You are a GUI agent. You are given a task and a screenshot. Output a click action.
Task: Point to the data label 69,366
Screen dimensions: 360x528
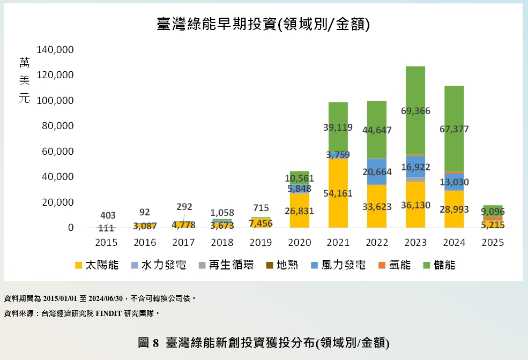click(x=415, y=111)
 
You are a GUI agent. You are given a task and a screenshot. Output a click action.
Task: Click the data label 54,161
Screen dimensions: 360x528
click(x=338, y=193)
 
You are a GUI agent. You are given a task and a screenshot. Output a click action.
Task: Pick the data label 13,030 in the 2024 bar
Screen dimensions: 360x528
click(x=454, y=182)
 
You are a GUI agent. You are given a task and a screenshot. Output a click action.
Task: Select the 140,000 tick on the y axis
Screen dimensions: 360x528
click(x=55, y=50)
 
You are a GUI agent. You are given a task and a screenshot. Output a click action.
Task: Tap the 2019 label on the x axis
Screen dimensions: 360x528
click(x=261, y=243)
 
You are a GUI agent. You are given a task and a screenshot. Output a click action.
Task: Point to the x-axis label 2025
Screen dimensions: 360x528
click(x=493, y=243)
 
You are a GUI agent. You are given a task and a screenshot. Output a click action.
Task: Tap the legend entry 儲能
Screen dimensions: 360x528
click(x=438, y=265)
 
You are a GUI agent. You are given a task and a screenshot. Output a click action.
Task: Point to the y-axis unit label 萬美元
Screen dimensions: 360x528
click(x=25, y=81)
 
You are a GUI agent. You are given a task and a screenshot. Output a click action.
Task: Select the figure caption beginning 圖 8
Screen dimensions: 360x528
click(x=263, y=343)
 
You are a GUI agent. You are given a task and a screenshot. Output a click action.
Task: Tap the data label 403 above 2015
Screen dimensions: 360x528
click(x=108, y=215)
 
